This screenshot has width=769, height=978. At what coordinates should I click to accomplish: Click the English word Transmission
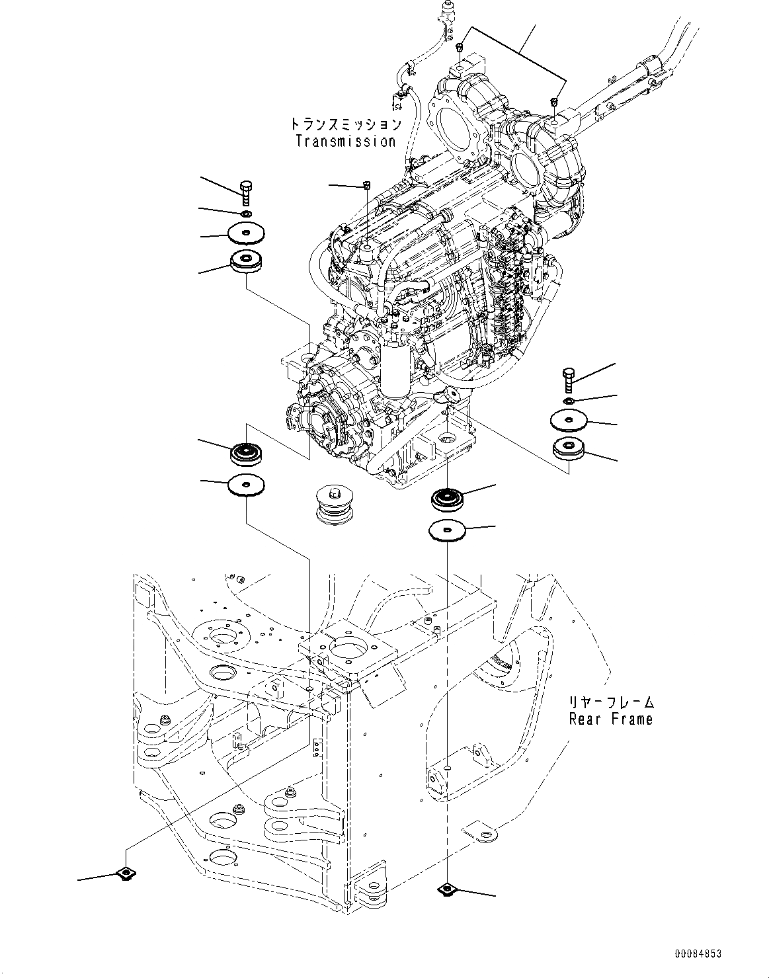(x=345, y=141)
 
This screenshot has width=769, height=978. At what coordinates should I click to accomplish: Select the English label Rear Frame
(x=610, y=719)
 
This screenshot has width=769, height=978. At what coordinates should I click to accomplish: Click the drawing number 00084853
(x=698, y=954)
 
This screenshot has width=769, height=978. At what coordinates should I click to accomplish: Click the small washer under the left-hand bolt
(x=247, y=214)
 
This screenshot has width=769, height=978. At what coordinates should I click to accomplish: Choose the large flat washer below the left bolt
(x=247, y=233)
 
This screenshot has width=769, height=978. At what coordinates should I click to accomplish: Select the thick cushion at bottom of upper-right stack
(x=569, y=448)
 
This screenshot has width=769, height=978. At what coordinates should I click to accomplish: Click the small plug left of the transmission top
(x=366, y=185)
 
